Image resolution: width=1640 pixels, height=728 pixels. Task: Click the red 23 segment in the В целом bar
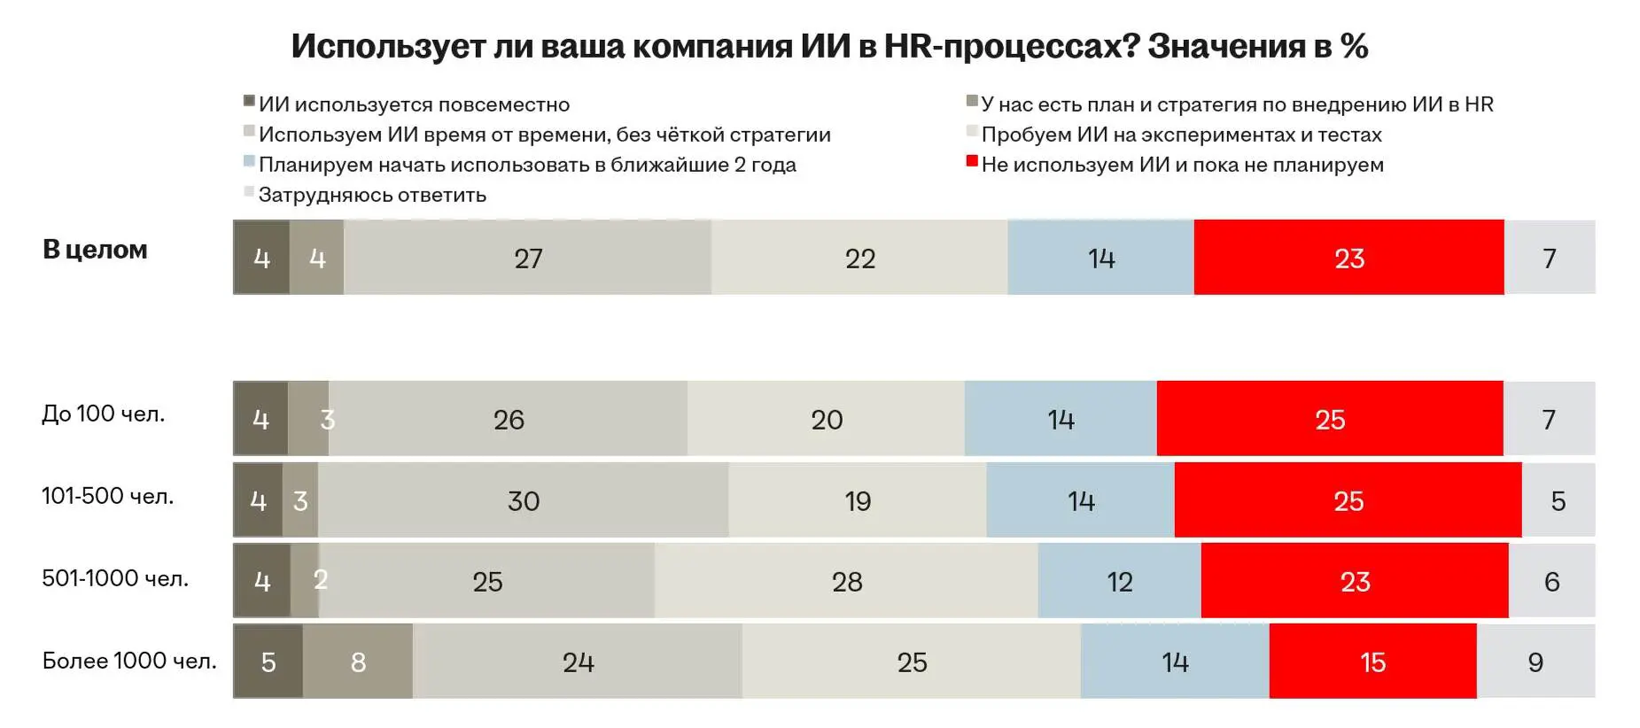tap(1348, 258)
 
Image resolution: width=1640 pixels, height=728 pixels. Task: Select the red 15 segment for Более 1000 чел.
tap(1372, 662)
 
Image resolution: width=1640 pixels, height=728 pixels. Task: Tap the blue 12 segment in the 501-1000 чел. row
tap(1119, 581)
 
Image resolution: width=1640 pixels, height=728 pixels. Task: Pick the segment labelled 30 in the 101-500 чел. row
tap(523, 500)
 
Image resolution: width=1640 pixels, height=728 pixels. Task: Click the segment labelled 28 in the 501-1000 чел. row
tap(846, 581)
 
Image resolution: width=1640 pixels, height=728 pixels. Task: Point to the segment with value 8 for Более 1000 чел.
tap(358, 662)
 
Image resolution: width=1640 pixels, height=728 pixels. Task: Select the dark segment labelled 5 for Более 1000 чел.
tap(268, 662)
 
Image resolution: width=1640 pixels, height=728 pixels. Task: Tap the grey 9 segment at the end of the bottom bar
tap(1535, 662)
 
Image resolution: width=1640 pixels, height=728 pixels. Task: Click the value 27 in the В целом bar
tap(528, 258)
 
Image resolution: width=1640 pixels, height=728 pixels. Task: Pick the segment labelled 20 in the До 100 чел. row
tap(826, 419)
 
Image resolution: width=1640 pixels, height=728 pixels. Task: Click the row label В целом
tap(95, 250)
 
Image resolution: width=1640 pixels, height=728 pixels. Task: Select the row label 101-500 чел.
tap(107, 496)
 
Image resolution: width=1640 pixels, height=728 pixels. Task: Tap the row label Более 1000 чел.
tap(129, 661)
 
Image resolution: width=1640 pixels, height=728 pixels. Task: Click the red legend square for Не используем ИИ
tap(972, 161)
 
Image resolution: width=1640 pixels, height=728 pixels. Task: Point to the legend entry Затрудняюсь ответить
tap(372, 195)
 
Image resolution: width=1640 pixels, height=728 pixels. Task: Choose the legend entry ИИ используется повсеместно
tap(414, 105)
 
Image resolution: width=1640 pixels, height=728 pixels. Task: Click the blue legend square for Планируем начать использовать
tap(249, 161)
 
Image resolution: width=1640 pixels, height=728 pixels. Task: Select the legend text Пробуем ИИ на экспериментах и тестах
tap(1181, 135)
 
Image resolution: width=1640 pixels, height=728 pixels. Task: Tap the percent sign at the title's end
tap(1355, 46)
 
